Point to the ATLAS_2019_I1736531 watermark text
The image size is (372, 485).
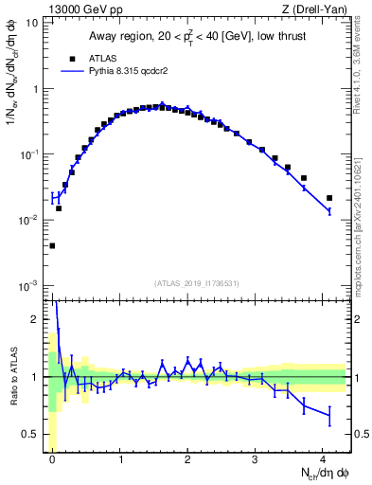(x=196, y=283)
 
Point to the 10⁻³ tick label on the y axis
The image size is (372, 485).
(x=28, y=285)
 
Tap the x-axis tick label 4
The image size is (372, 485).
(x=323, y=458)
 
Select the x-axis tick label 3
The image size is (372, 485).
(x=256, y=458)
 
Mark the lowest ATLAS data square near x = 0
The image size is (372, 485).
(x=52, y=246)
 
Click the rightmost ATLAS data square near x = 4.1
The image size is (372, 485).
(x=329, y=198)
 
